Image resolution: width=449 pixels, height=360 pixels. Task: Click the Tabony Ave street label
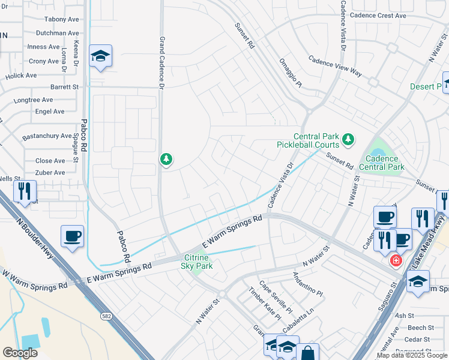click(61, 19)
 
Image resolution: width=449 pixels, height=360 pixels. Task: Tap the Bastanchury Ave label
click(47, 136)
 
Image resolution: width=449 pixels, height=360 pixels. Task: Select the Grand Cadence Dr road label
click(161, 63)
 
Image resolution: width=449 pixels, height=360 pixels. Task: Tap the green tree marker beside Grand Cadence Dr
click(166, 160)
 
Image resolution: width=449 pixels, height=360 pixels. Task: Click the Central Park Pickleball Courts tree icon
click(348, 140)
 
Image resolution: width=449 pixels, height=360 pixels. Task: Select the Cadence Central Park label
click(382, 163)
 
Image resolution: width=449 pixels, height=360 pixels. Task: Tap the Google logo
click(20, 353)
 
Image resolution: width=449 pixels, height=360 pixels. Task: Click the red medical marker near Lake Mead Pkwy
click(396, 260)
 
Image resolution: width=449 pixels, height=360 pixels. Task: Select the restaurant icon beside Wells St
click(25, 191)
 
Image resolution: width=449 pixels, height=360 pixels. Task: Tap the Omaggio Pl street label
click(290, 73)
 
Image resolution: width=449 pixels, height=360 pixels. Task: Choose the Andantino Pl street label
click(307, 285)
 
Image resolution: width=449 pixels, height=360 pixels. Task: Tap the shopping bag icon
click(308, 353)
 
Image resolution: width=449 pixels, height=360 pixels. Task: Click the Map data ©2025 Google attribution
click(412, 355)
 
